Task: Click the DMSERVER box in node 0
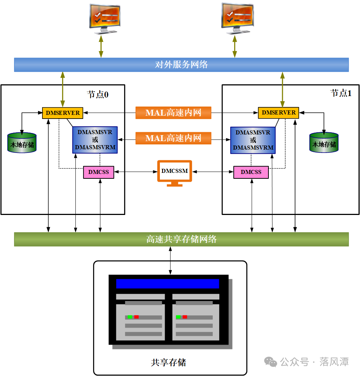(x=62, y=113)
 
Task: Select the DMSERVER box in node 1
(x=278, y=113)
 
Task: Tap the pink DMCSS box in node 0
(x=99, y=172)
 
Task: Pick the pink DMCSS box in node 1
(x=251, y=172)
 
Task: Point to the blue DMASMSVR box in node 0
(x=95, y=140)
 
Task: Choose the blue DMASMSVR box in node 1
(x=253, y=140)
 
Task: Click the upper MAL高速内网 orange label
(x=173, y=113)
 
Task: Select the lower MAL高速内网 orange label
(x=173, y=138)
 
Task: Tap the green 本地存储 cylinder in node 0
(x=22, y=143)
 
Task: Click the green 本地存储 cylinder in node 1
(x=324, y=143)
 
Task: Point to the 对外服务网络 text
(x=181, y=65)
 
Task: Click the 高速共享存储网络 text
(x=181, y=239)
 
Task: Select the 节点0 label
(x=97, y=94)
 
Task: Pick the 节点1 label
(x=341, y=93)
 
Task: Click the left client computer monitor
(x=105, y=19)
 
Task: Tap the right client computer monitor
(x=237, y=18)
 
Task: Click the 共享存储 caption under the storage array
(x=168, y=362)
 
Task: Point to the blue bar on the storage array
(x=168, y=284)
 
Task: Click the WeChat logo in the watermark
(x=271, y=362)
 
